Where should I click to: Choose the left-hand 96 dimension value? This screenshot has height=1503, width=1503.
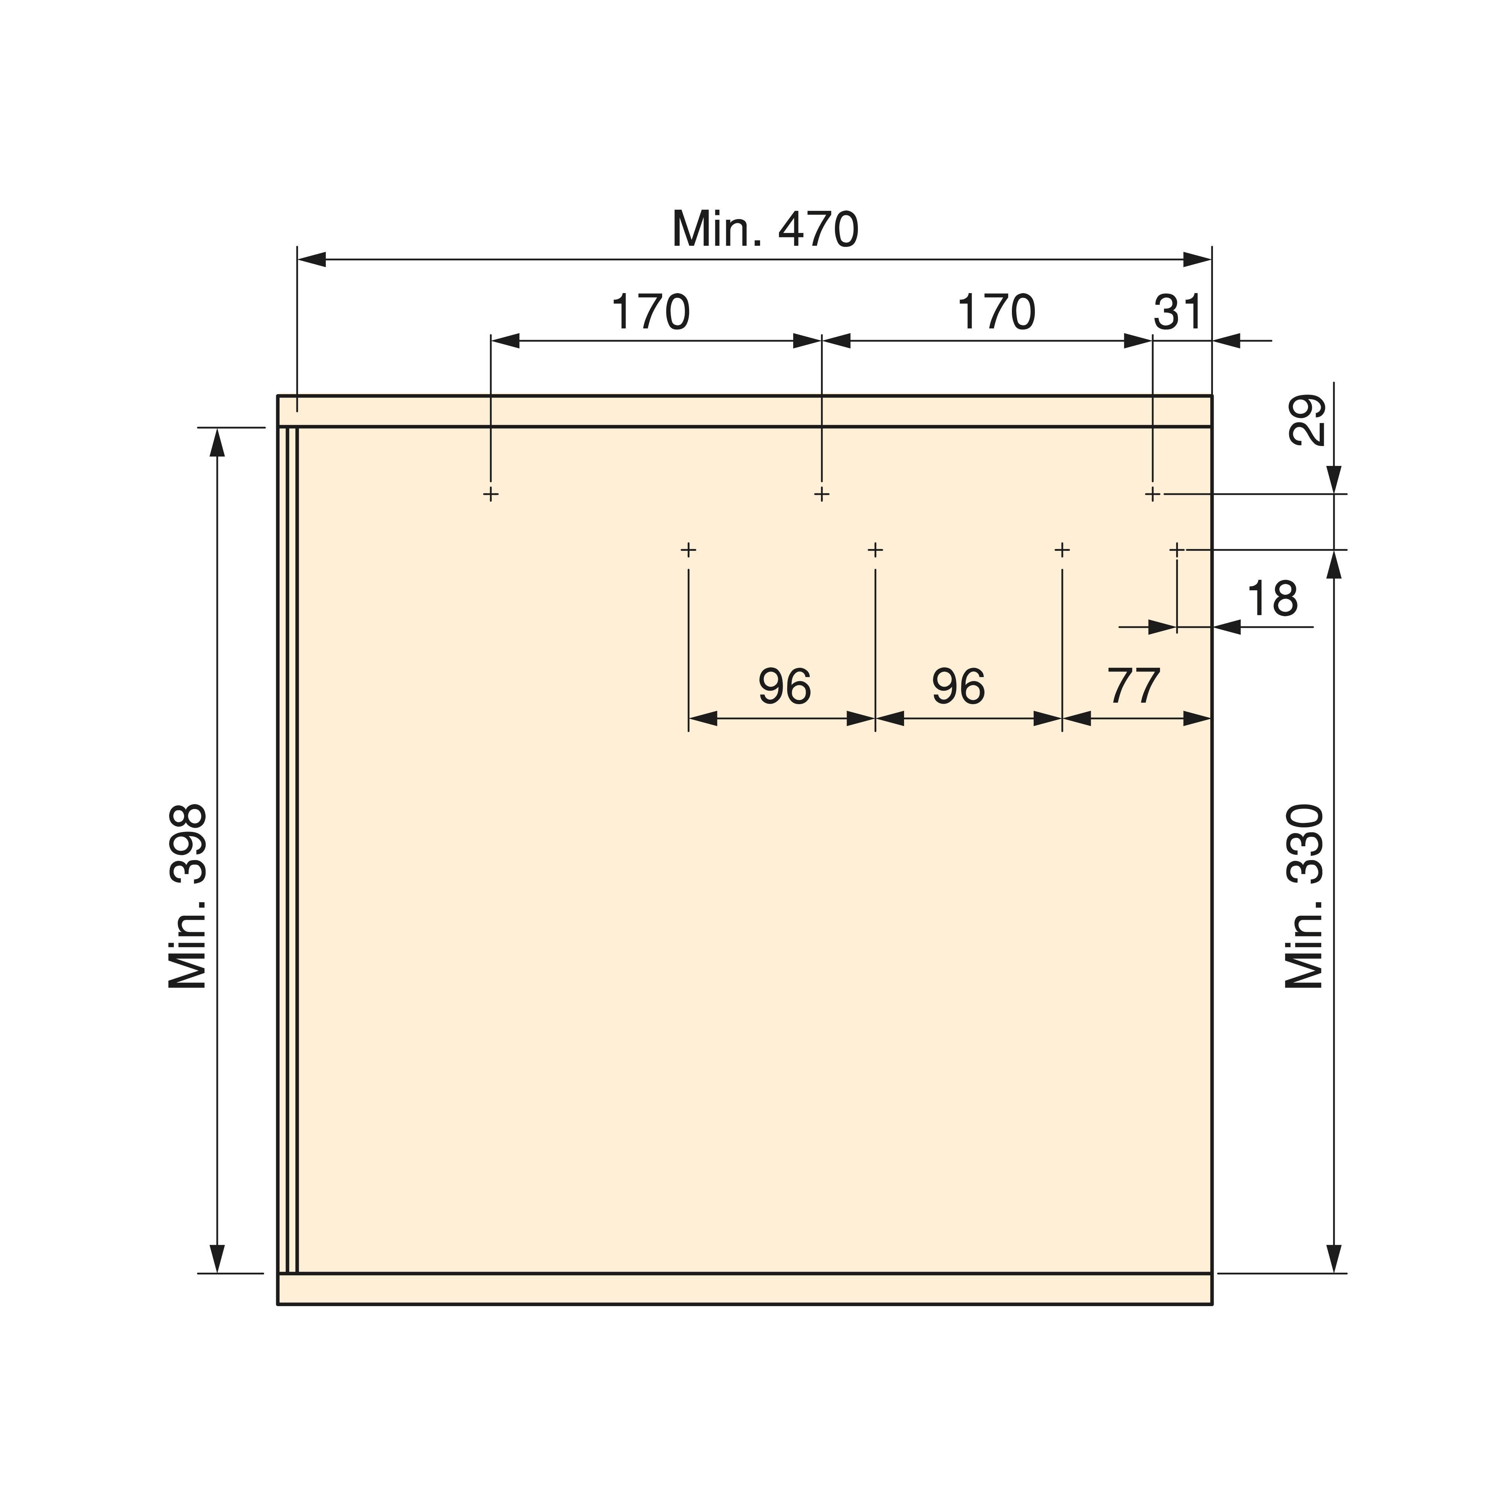point(785,686)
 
